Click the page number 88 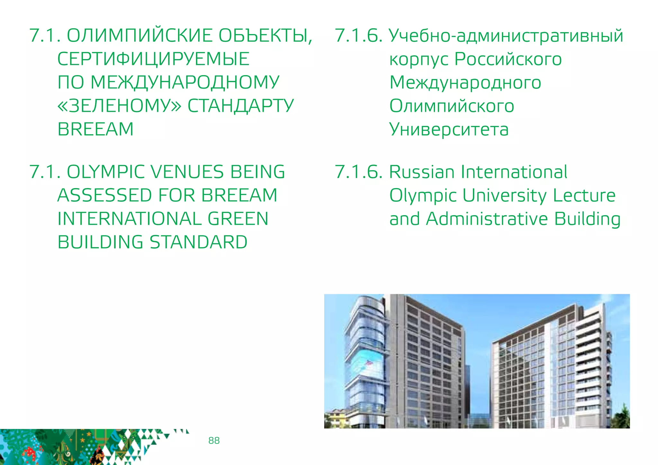(214, 440)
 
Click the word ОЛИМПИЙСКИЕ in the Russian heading (139, 36)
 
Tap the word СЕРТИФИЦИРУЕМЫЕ (153, 59)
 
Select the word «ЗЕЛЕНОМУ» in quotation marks (119, 106)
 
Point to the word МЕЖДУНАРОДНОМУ (185, 83)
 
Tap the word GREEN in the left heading (238, 219)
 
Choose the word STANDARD (199, 242)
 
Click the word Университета (449, 129)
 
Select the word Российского (508, 59)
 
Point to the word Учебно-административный (506, 36)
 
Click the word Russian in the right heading (422, 172)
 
